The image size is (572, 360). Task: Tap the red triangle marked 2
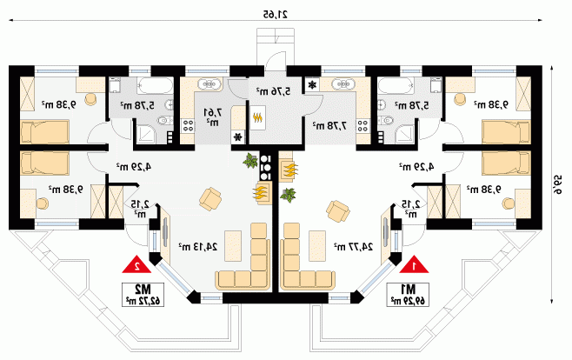pos(135,263)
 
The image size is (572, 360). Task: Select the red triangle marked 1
pos(416,263)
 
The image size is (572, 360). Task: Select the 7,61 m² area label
pos(210,117)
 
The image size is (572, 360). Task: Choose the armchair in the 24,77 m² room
pos(337,210)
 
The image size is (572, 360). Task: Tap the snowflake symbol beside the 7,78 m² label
pos(312,85)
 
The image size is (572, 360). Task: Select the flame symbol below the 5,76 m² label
pos(257,116)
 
